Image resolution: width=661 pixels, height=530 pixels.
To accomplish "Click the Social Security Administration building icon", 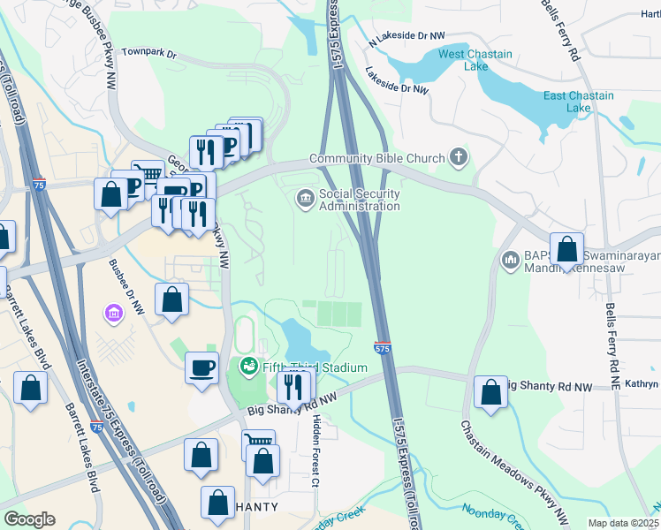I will coord(306,199).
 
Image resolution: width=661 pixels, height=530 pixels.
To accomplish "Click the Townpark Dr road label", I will coord(148,54).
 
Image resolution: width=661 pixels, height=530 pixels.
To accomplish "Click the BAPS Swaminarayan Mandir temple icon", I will coord(510,260).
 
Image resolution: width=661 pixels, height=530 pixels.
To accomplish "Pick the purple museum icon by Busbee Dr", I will coord(113,313).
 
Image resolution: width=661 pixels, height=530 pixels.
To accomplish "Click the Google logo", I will coord(29,519).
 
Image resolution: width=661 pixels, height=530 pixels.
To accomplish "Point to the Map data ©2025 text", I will coord(623,523).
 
